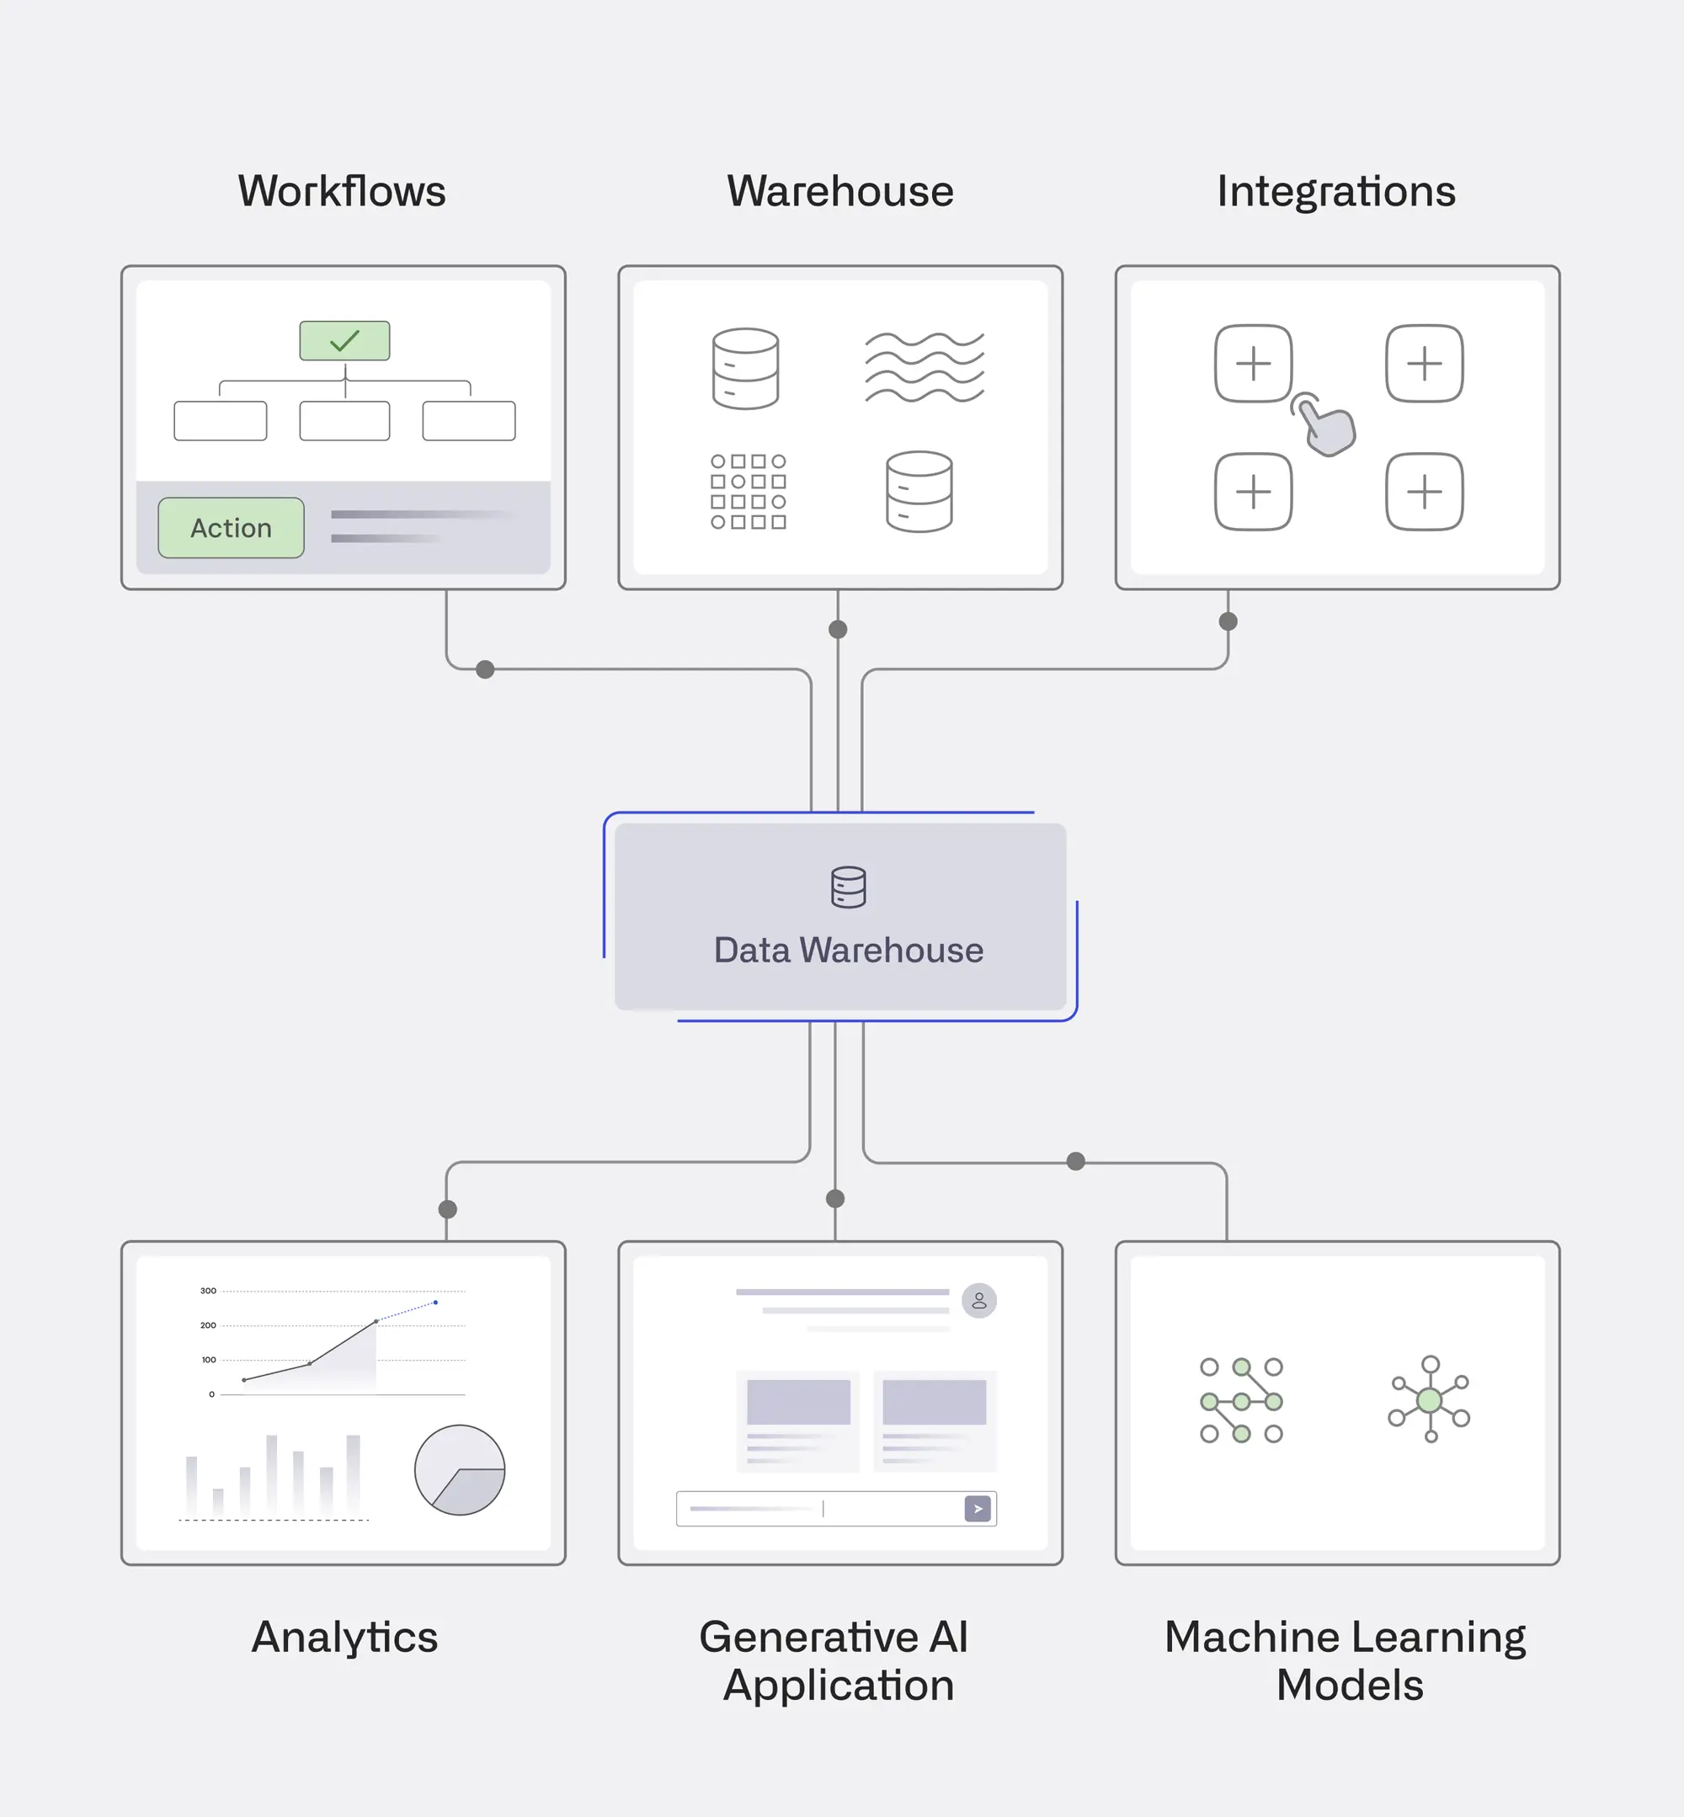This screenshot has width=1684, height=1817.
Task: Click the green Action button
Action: pos(231,528)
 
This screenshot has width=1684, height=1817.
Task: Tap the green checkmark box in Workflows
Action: pos(344,341)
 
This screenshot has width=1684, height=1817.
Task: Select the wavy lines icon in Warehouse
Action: pos(924,367)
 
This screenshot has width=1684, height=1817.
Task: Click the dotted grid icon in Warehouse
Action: pos(749,492)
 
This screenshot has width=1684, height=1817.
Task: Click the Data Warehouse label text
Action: pos(849,951)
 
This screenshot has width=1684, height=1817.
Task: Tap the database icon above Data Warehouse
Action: pos(849,887)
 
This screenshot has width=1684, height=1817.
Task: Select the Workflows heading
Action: pos(342,191)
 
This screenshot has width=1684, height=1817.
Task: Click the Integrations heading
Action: pos(1336,191)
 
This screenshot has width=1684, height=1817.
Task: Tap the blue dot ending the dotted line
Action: pos(435,1303)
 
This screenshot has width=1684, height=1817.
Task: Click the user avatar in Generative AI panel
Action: pos(978,1300)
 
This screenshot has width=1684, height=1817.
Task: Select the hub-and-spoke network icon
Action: pos(1429,1399)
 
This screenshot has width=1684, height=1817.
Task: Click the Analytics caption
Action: pos(344,1637)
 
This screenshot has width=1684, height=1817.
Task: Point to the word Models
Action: pos(1350,1685)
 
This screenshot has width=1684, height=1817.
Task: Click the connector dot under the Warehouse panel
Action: pos(838,630)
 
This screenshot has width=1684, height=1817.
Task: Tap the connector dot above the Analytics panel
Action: pos(447,1209)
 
